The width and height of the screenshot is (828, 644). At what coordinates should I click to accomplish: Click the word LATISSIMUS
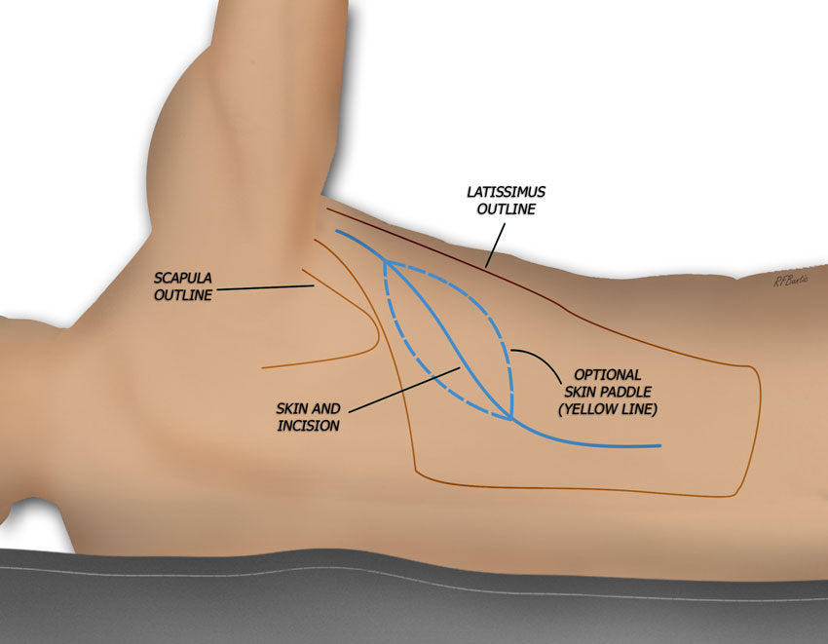506,192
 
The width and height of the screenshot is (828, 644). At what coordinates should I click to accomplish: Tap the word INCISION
309,426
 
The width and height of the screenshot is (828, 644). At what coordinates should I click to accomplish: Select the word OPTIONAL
607,374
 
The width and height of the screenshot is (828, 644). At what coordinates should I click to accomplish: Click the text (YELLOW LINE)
608,409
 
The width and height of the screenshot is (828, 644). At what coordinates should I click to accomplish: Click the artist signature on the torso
791,281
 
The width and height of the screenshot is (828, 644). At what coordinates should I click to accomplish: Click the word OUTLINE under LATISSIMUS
506,208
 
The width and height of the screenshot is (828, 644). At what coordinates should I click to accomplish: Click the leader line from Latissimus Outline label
495,245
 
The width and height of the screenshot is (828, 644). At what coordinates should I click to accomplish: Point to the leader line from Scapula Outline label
266,288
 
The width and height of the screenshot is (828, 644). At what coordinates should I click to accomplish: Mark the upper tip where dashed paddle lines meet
387,261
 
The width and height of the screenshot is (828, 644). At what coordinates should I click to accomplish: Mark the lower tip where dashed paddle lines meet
511,420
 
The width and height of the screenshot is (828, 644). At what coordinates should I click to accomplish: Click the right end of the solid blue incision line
660,446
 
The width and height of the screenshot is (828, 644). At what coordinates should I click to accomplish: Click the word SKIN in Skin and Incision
291,408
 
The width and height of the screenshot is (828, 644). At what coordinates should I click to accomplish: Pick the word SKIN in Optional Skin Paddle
580,392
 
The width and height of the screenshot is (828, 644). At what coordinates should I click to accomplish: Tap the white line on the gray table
414,581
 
